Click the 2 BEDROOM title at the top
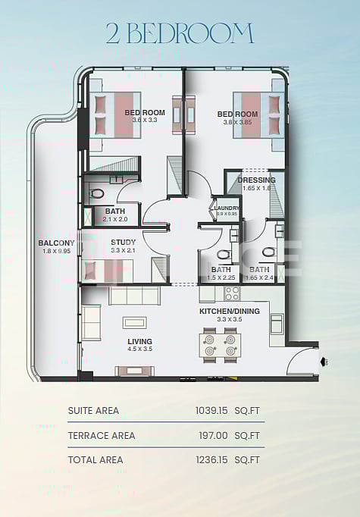click(x=180, y=33)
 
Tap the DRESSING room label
click(x=256, y=180)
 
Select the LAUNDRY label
click(x=227, y=208)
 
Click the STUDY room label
click(x=123, y=242)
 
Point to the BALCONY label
click(x=56, y=243)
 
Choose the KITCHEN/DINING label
click(x=230, y=312)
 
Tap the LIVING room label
click(x=139, y=340)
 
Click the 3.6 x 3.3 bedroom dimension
click(x=144, y=121)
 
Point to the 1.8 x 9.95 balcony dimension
click(x=56, y=251)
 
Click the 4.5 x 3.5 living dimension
click(x=139, y=349)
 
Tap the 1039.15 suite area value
click(x=211, y=411)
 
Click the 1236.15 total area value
click(x=211, y=459)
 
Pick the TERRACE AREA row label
click(x=102, y=435)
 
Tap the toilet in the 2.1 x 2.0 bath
click(x=96, y=194)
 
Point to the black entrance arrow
click(x=324, y=362)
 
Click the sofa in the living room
click(x=134, y=295)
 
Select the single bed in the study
click(x=107, y=270)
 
